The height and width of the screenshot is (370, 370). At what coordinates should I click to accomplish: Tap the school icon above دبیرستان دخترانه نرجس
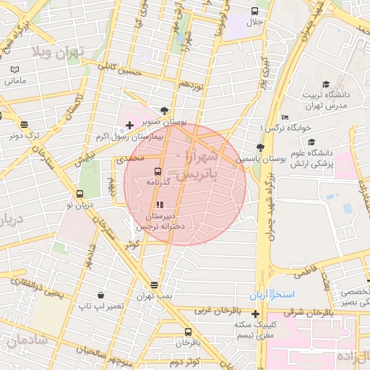point(160,205)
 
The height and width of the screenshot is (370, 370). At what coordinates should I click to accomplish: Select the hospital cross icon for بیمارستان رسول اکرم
point(129,126)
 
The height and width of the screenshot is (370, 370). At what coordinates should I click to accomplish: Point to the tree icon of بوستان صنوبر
point(165,111)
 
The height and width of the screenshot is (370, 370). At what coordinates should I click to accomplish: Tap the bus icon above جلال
point(254,11)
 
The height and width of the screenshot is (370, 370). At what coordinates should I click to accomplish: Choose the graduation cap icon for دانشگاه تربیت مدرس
point(326,84)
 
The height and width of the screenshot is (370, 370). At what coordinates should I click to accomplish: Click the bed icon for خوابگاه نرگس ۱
point(285,117)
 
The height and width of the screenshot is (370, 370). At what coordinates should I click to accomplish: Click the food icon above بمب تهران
point(154,285)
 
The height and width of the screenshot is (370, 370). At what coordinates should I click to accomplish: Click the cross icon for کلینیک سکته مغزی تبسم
point(254,313)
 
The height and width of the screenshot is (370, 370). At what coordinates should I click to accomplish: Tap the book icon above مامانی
point(15,69)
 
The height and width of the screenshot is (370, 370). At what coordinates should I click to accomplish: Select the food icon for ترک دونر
point(29,124)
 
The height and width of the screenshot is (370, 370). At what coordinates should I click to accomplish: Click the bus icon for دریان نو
point(79,194)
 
